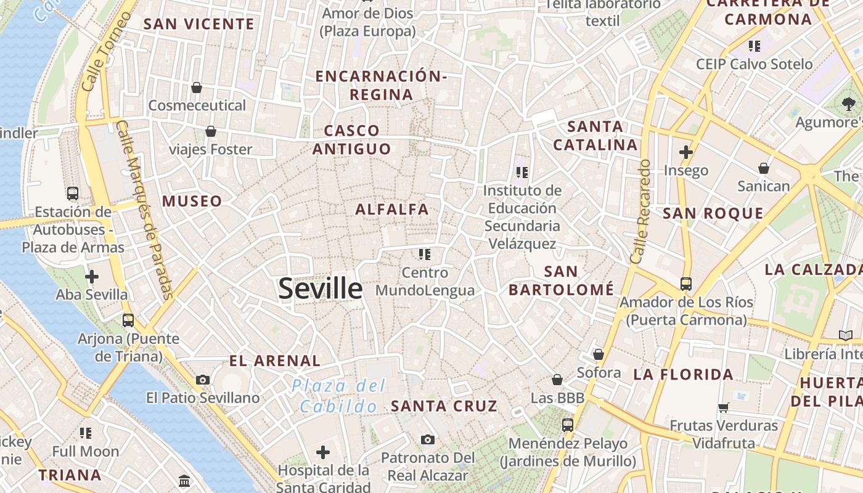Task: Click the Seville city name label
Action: pyautogui.click(x=320, y=288)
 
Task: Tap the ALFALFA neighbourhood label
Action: pyautogui.click(x=392, y=210)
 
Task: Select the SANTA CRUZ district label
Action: pyautogui.click(x=444, y=406)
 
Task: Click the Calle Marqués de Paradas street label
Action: pyautogui.click(x=144, y=210)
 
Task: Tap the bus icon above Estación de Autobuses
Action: pyautogui.click(x=73, y=193)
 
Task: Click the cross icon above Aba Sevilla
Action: pyautogui.click(x=92, y=276)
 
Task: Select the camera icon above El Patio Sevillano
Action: pyautogui.click(x=203, y=380)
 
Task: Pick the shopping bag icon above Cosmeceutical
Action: pyautogui.click(x=197, y=88)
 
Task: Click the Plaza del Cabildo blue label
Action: pyautogui.click(x=338, y=396)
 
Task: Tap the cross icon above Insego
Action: pyautogui.click(x=685, y=152)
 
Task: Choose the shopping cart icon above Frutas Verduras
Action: pyautogui.click(x=724, y=407)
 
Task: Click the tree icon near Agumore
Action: pyautogui.click(x=849, y=103)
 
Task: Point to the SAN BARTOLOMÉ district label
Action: pyautogui.click(x=562, y=280)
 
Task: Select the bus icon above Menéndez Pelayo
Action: pyautogui.click(x=567, y=425)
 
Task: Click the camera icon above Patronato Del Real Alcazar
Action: pyautogui.click(x=428, y=439)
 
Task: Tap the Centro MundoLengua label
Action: pyautogui.click(x=425, y=282)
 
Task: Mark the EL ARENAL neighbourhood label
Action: pyautogui.click(x=275, y=361)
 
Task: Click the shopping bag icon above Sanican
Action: pyautogui.click(x=763, y=168)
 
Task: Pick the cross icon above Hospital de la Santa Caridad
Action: pyautogui.click(x=323, y=452)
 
